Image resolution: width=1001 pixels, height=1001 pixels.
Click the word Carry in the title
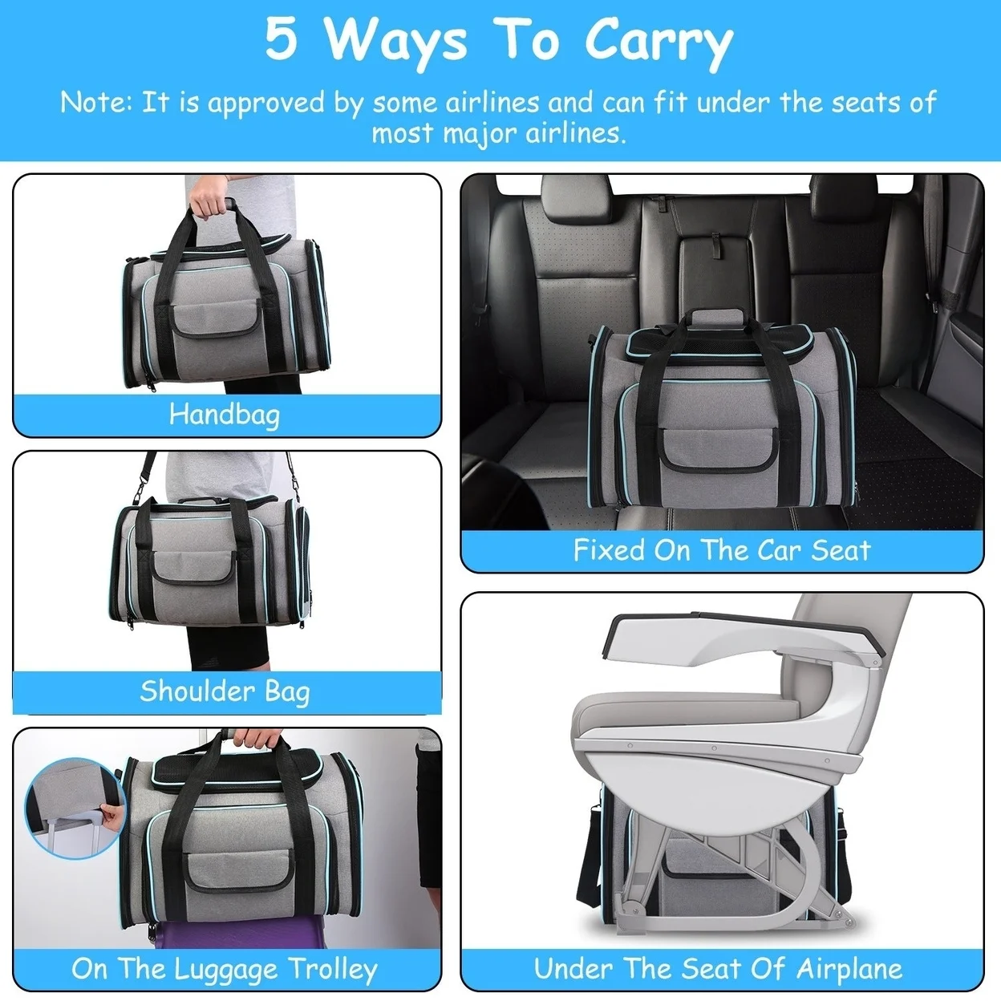click(x=658, y=42)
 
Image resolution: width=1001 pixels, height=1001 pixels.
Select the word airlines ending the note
click(x=573, y=133)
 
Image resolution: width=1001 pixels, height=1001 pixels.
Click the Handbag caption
click(x=225, y=415)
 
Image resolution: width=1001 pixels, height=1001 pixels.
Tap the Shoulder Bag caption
click(x=225, y=691)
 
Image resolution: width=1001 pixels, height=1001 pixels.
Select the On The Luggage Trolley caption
click(x=225, y=969)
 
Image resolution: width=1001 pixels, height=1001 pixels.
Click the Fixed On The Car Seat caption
click(x=721, y=550)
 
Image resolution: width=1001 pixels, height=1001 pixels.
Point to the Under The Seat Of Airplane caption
click(x=718, y=969)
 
